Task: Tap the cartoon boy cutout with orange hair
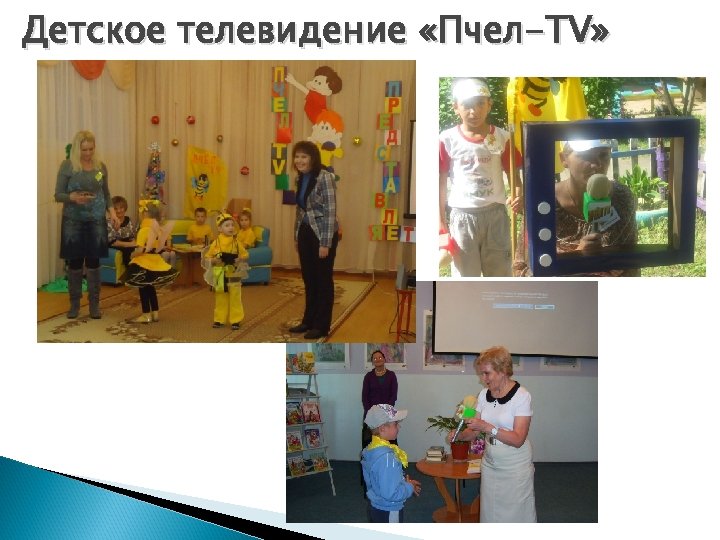point(322,110)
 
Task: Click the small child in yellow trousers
point(226,270)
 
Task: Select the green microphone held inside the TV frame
point(597,201)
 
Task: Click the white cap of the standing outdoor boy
point(471,89)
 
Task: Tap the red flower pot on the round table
point(461,448)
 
